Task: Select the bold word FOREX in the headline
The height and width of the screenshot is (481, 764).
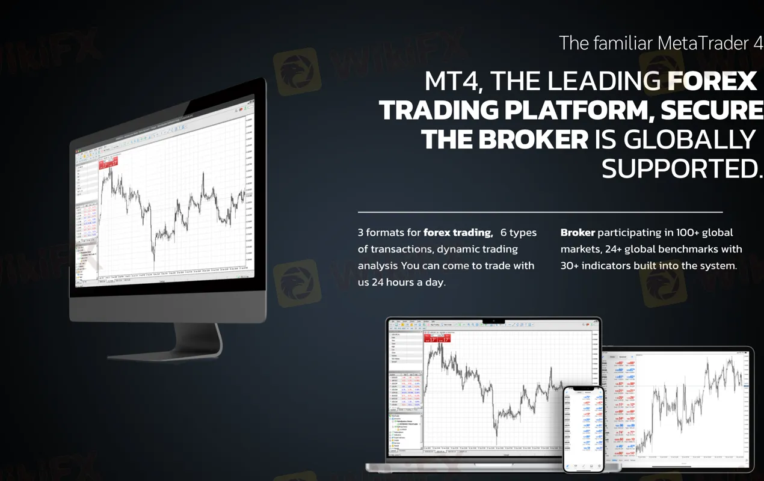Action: click(712, 82)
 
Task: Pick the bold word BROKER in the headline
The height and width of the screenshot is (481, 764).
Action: click(532, 139)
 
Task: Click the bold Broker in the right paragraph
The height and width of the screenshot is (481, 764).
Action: click(578, 233)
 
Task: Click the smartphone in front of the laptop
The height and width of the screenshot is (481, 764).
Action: click(583, 428)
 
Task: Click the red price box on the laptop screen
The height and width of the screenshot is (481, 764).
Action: click(437, 339)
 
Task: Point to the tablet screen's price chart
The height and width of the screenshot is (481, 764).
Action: click(692, 409)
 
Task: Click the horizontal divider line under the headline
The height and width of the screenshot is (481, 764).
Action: click(540, 212)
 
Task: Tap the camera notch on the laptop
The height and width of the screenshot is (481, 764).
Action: click(494, 320)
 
